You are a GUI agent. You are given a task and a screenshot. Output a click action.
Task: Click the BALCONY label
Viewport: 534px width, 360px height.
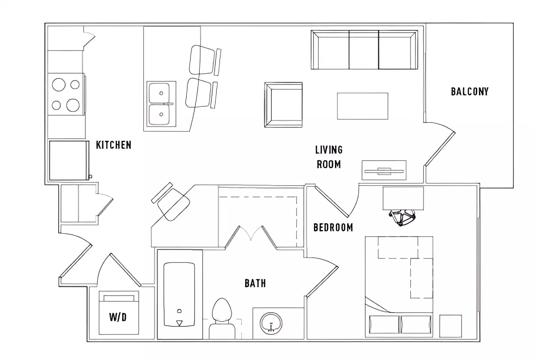coord(470,91)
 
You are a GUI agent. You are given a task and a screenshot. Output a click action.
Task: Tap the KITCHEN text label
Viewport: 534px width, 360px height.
coord(113,145)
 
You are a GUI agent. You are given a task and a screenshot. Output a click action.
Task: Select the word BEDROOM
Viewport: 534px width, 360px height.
coord(333,227)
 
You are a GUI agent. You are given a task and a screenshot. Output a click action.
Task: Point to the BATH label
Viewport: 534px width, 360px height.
coord(255,283)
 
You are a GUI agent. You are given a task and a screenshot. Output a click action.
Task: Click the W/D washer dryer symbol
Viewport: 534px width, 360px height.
coord(119,313)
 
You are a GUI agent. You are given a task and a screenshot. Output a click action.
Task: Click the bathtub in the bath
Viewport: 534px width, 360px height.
coord(179,294)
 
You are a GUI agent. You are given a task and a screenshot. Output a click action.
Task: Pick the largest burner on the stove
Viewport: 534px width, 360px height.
coord(73,105)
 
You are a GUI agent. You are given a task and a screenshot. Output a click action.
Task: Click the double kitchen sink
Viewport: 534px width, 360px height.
coord(159,104)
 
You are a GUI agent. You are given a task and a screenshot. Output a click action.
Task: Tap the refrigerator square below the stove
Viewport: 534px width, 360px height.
coord(69,160)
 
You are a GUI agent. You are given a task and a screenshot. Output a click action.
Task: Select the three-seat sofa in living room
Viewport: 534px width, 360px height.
coord(364,50)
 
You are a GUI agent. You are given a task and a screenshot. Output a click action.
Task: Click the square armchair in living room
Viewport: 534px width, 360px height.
coord(284,105)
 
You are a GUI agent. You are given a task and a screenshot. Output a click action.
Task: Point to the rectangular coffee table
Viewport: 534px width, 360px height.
coord(362,106)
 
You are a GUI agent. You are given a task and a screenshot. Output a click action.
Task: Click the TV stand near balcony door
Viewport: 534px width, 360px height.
coord(384,170)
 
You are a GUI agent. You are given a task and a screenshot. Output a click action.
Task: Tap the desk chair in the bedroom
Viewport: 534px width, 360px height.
coord(403,217)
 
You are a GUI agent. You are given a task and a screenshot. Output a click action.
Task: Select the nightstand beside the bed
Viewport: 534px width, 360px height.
coord(450,326)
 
